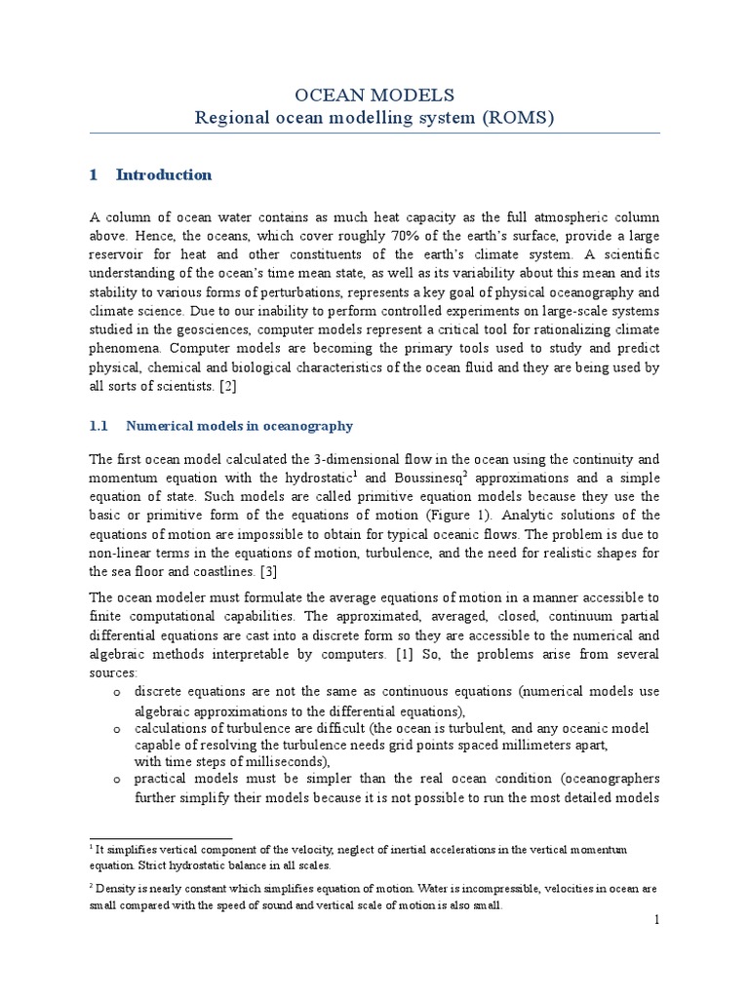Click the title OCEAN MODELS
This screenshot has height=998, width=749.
click(374, 95)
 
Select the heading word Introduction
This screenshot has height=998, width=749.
click(163, 175)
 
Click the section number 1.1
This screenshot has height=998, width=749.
click(100, 427)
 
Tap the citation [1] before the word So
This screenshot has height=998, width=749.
click(405, 653)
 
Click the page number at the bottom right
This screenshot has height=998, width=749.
click(656, 920)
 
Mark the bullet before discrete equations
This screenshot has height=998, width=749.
click(116, 693)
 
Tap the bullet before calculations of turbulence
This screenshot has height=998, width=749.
click(116, 730)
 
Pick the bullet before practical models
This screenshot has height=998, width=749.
click(116, 780)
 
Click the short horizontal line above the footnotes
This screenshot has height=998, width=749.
click(161, 838)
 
